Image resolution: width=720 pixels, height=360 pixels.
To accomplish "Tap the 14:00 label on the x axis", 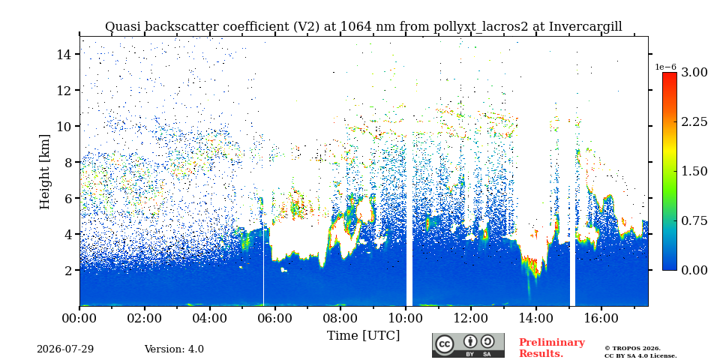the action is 535,318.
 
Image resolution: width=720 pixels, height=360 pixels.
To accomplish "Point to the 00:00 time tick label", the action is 80,318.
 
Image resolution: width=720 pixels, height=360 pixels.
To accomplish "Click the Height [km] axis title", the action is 44,172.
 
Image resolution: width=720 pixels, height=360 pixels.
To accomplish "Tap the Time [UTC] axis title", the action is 363,336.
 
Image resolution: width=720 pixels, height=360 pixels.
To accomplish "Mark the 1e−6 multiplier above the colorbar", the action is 666,67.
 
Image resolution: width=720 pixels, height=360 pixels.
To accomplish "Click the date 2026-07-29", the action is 65,349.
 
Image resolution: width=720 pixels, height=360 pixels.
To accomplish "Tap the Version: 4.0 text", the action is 174,349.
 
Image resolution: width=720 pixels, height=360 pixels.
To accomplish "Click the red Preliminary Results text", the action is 552,348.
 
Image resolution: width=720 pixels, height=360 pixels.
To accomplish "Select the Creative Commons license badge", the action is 468,345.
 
